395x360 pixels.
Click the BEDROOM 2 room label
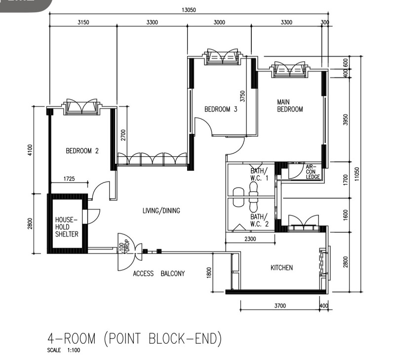pyautogui.click(x=82, y=151)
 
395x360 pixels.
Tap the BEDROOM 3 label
pyautogui.click(x=221, y=109)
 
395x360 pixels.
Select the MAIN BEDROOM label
pyautogui.click(x=290, y=106)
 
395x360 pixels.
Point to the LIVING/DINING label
pyautogui.click(x=161, y=210)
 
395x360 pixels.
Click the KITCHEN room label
pyautogui.click(x=281, y=267)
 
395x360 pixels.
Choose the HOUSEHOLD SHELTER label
pyautogui.click(x=67, y=227)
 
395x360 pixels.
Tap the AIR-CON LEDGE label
pyautogui.click(x=313, y=172)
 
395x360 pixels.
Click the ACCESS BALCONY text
pyautogui.click(x=159, y=274)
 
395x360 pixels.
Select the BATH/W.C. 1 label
pyautogui.click(x=259, y=175)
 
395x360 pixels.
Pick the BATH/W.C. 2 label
pyautogui.click(x=259, y=220)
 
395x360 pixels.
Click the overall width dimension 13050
pyautogui.click(x=189, y=10)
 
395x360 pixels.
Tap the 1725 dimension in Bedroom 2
pyautogui.click(x=69, y=179)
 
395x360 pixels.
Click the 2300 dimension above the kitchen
pyautogui.click(x=250, y=239)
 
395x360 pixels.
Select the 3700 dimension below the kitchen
pyautogui.click(x=280, y=306)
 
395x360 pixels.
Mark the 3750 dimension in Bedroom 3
pyautogui.click(x=242, y=96)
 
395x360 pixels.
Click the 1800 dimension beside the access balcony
pyautogui.click(x=209, y=273)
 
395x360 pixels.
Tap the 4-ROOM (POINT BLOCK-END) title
pyautogui.click(x=135, y=338)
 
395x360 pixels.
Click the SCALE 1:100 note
pyautogui.click(x=64, y=350)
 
